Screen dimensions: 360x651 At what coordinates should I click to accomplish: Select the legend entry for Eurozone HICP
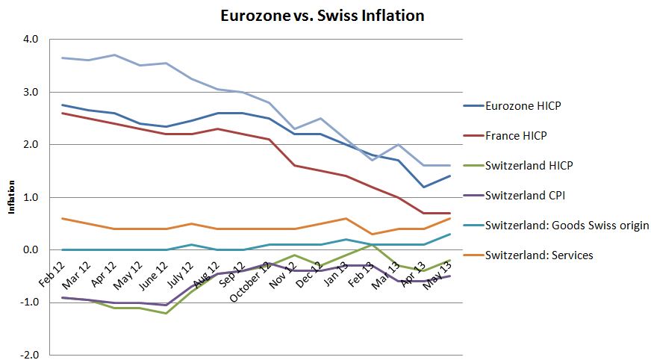[522, 106]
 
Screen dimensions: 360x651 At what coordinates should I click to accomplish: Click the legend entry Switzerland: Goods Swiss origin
[567, 226]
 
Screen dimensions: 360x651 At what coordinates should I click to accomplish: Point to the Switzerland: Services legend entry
[538, 255]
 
